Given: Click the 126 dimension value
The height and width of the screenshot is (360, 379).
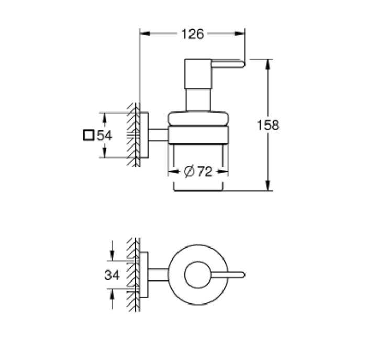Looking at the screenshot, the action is click(x=193, y=34).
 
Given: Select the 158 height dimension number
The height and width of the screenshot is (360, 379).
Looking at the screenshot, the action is click(x=267, y=125).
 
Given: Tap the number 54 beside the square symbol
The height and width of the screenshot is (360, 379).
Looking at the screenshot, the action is click(x=104, y=136).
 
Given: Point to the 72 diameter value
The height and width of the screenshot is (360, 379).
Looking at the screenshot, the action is click(x=205, y=172).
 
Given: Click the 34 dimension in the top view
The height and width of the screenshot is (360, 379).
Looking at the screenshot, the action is click(x=112, y=275).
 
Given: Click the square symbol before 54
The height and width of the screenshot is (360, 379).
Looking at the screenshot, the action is click(x=88, y=135).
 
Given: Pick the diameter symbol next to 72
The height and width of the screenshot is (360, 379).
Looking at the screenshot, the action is click(x=189, y=172).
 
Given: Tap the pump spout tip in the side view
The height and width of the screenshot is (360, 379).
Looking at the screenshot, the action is click(x=243, y=64).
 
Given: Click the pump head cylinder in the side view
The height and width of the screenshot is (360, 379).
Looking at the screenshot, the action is click(x=198, y=74).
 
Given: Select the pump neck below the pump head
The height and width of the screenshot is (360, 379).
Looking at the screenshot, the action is click(x=198, y=100).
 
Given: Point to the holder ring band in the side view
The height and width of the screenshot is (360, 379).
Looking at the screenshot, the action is click(x=198, y=135).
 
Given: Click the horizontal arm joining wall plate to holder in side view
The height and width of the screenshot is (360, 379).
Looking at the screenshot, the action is click(x=158, y=135).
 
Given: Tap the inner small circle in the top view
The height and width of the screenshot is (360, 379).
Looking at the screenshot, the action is click(x=198, y=262).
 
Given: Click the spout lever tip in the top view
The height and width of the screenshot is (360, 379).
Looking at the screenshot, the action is click(x=243, y=275).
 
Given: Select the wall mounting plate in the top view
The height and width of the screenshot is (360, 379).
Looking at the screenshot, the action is click(x=144, y=275).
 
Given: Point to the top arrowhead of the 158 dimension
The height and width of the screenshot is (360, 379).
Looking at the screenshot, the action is click(x=267, y=64).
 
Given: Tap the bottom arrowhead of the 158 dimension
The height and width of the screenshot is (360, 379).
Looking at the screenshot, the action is click(x=267, y=185).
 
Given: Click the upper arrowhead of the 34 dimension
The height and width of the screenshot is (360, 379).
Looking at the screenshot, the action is click(x=112, y=255).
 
